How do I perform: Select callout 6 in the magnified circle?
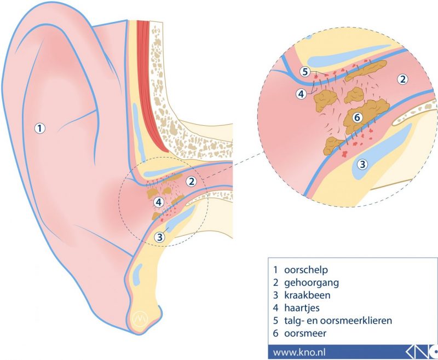point(356,117)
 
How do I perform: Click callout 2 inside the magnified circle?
point(402,79)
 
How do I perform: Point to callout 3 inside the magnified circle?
point(362,164)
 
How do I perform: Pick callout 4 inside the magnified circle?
point(301,94)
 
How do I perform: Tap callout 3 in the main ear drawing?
point(159,237)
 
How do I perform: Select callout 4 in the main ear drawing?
point(159,202)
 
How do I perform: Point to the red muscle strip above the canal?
point(153,82)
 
